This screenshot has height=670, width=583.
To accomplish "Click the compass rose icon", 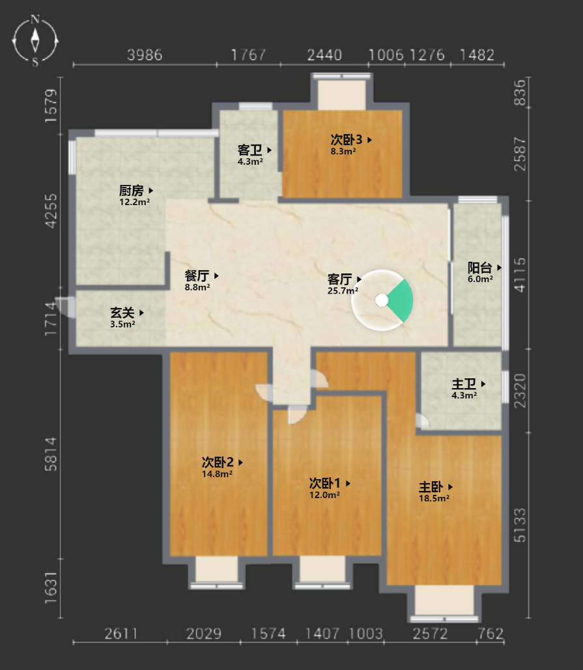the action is point(35,41).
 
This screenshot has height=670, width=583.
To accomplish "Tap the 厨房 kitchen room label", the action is point(131,190).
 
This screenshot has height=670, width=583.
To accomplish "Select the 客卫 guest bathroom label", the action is point(249,150).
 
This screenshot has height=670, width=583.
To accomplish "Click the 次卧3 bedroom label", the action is point(346,139).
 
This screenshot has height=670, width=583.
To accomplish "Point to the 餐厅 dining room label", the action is point(197,275).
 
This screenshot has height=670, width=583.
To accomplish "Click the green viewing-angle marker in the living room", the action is point(401,301).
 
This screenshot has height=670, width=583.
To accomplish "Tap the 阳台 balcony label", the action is point(479,268).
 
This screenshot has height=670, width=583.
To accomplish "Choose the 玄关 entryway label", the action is point(122,313).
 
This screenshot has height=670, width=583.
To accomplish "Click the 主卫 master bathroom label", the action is point(464,384).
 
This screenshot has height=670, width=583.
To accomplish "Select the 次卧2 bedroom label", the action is point(218,462).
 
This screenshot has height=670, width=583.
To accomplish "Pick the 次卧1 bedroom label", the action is point(325,483).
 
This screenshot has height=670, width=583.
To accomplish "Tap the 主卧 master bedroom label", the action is point(431,486).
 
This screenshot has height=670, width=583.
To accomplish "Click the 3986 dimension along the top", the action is point(145,55).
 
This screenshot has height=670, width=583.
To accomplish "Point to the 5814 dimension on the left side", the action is point(50,454).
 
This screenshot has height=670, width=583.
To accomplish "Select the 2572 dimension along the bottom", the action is point(430,634).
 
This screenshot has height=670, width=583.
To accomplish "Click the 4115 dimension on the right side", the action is point(520,275).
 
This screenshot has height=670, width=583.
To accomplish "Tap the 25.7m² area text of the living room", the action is point(343,291).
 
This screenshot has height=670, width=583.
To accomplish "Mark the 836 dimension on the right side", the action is point(520,92).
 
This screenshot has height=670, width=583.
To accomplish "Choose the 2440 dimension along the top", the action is point(324,55).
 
